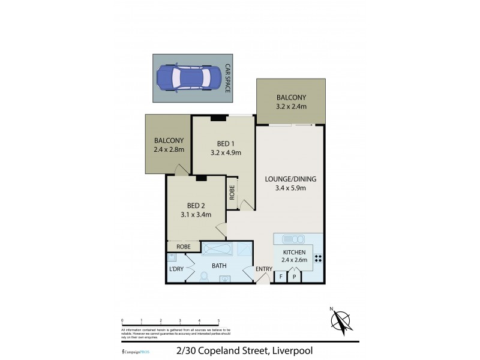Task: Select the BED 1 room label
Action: (x=226, y=143)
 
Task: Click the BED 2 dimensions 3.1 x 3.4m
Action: (x=196, y=214)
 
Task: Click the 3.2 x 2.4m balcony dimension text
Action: (x=292, y=107)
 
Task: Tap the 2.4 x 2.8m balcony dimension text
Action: (x=168, y=150)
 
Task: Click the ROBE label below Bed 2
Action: (x=184, y=247)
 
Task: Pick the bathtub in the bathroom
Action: (x=217, y=249)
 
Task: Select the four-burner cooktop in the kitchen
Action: (x=318, y=259)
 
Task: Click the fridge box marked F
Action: (x=281, y=277)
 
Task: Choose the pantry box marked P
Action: (x=295, y=277)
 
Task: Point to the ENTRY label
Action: (x=264, y=269)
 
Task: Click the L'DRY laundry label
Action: (x=176, y=269)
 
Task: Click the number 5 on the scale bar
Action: (x=218, y=321)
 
